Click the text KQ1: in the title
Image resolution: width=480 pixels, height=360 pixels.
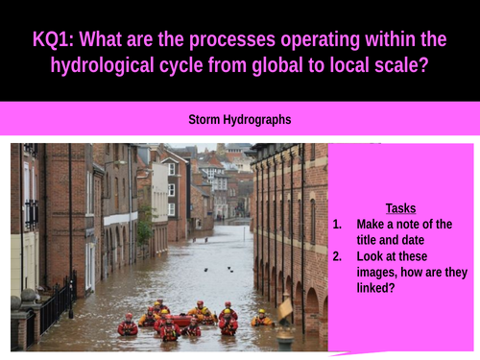56,40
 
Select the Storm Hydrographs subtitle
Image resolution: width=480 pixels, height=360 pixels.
239,120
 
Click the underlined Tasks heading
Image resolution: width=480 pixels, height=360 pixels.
400,208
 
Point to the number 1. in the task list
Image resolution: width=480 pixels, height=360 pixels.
337,225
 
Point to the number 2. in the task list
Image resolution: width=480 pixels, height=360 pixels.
337,256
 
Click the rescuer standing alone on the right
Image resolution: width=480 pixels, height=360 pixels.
260,318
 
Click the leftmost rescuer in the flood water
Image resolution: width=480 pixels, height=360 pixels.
128,327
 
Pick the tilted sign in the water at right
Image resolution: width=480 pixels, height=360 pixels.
285,309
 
